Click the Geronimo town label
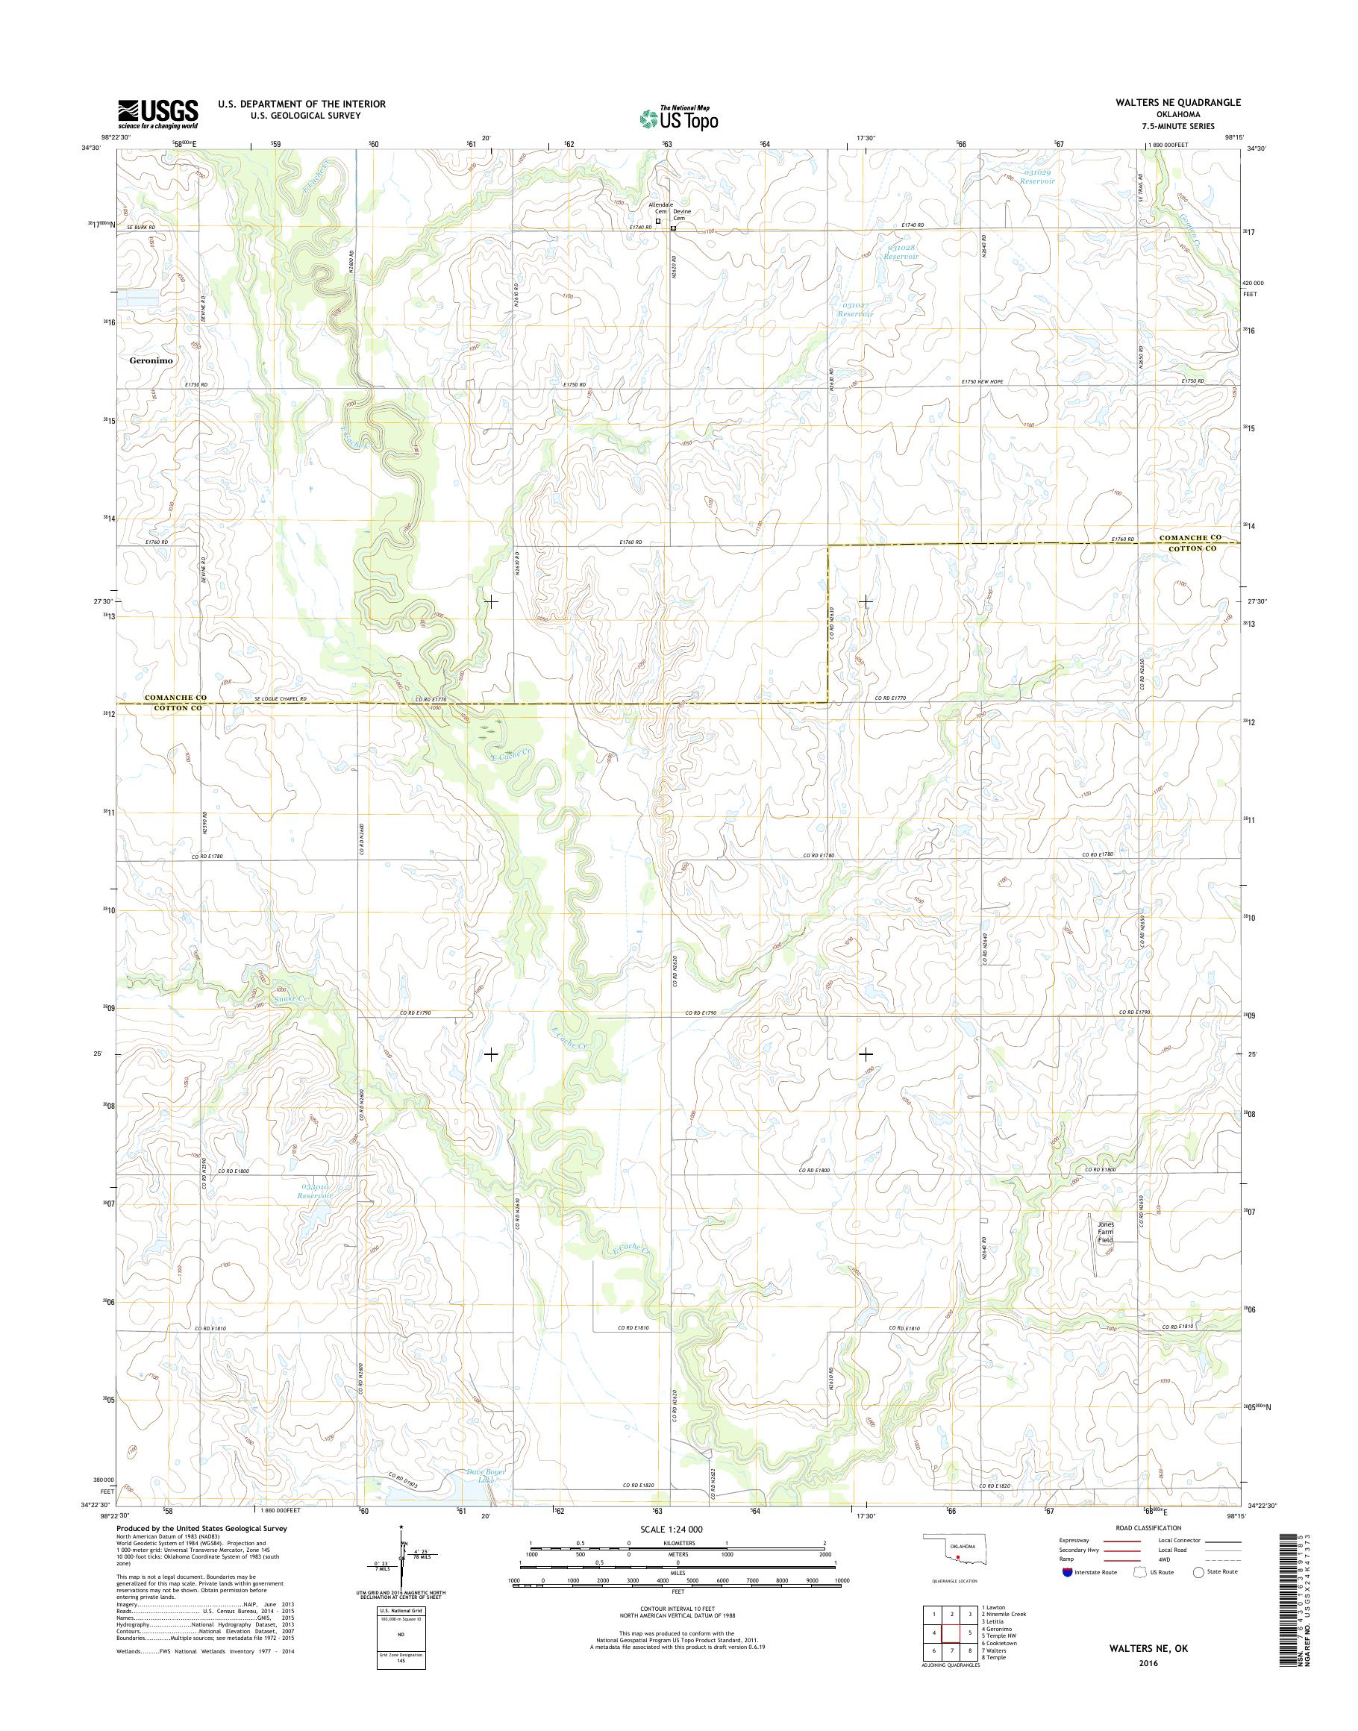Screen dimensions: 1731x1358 (151, 360)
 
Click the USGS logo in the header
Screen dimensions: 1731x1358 (158, 113)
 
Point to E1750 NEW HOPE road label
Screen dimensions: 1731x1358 (982, 382)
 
